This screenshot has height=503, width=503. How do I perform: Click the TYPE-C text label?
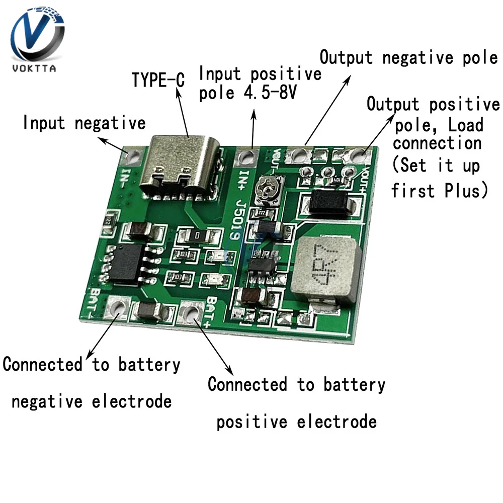[158, 79]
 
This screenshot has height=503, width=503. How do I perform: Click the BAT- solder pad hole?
[119, 307]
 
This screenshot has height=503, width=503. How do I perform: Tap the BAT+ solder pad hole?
[191, 313]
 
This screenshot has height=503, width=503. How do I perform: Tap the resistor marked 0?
[200, 235]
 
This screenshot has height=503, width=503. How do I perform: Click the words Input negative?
[84, 123]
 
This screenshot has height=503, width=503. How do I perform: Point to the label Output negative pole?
[408, 57]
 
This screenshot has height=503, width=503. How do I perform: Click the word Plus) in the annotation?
[466, 191]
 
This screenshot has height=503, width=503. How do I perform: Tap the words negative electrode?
[92, 401]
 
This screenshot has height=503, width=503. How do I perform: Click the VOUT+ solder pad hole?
[359, 154]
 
